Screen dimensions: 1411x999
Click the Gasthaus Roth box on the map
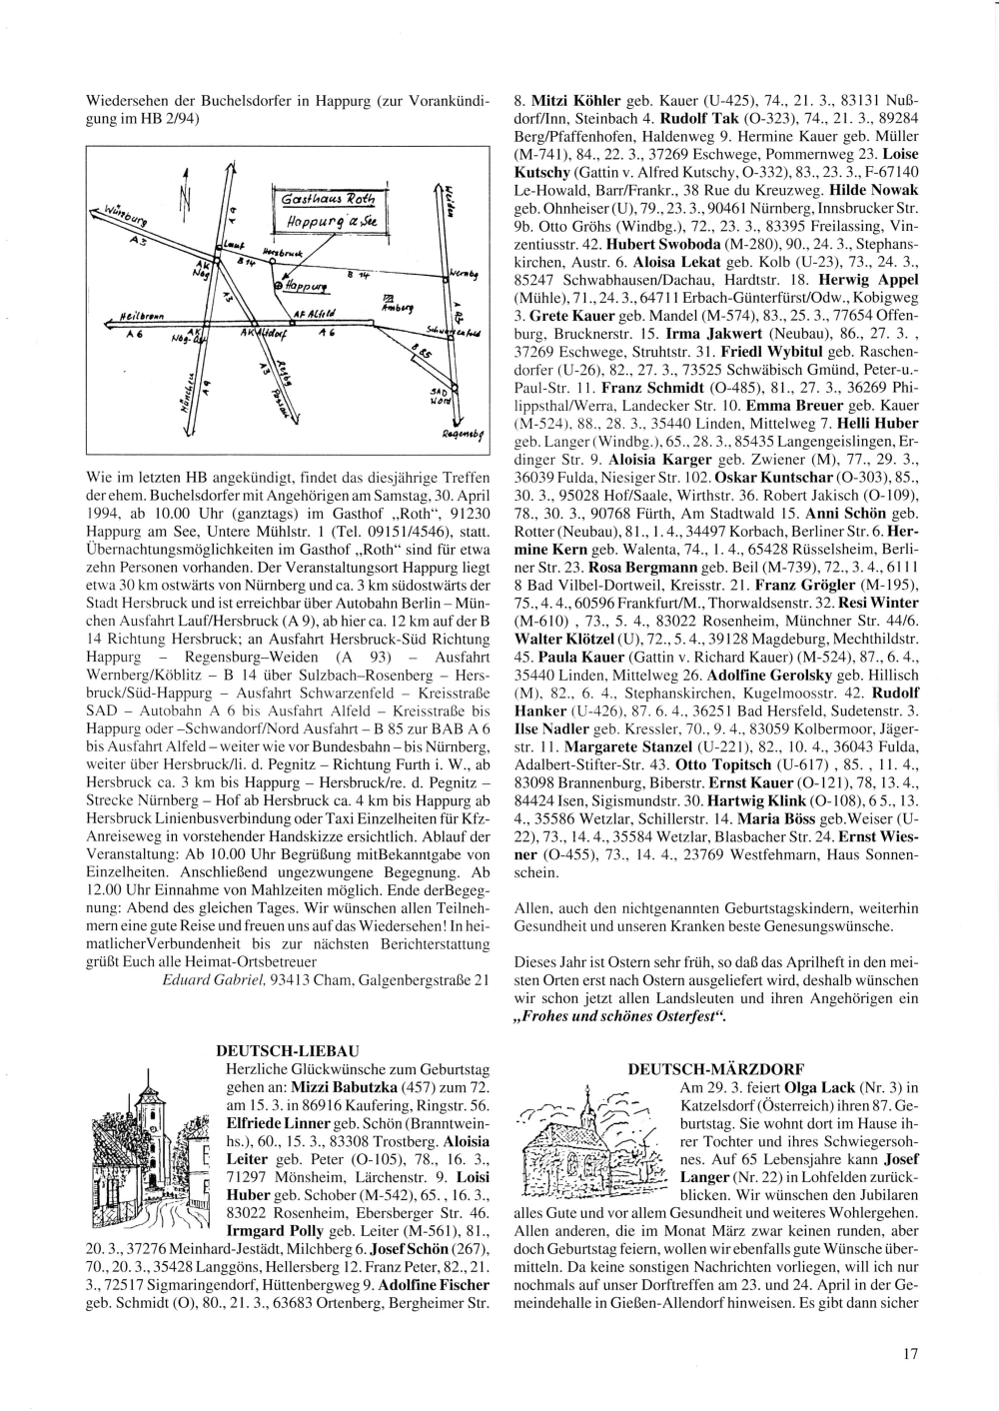329,210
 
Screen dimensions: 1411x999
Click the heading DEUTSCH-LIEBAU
287,1050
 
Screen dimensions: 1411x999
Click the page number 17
909,1355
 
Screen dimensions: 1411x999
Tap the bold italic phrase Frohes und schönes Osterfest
618,1017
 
